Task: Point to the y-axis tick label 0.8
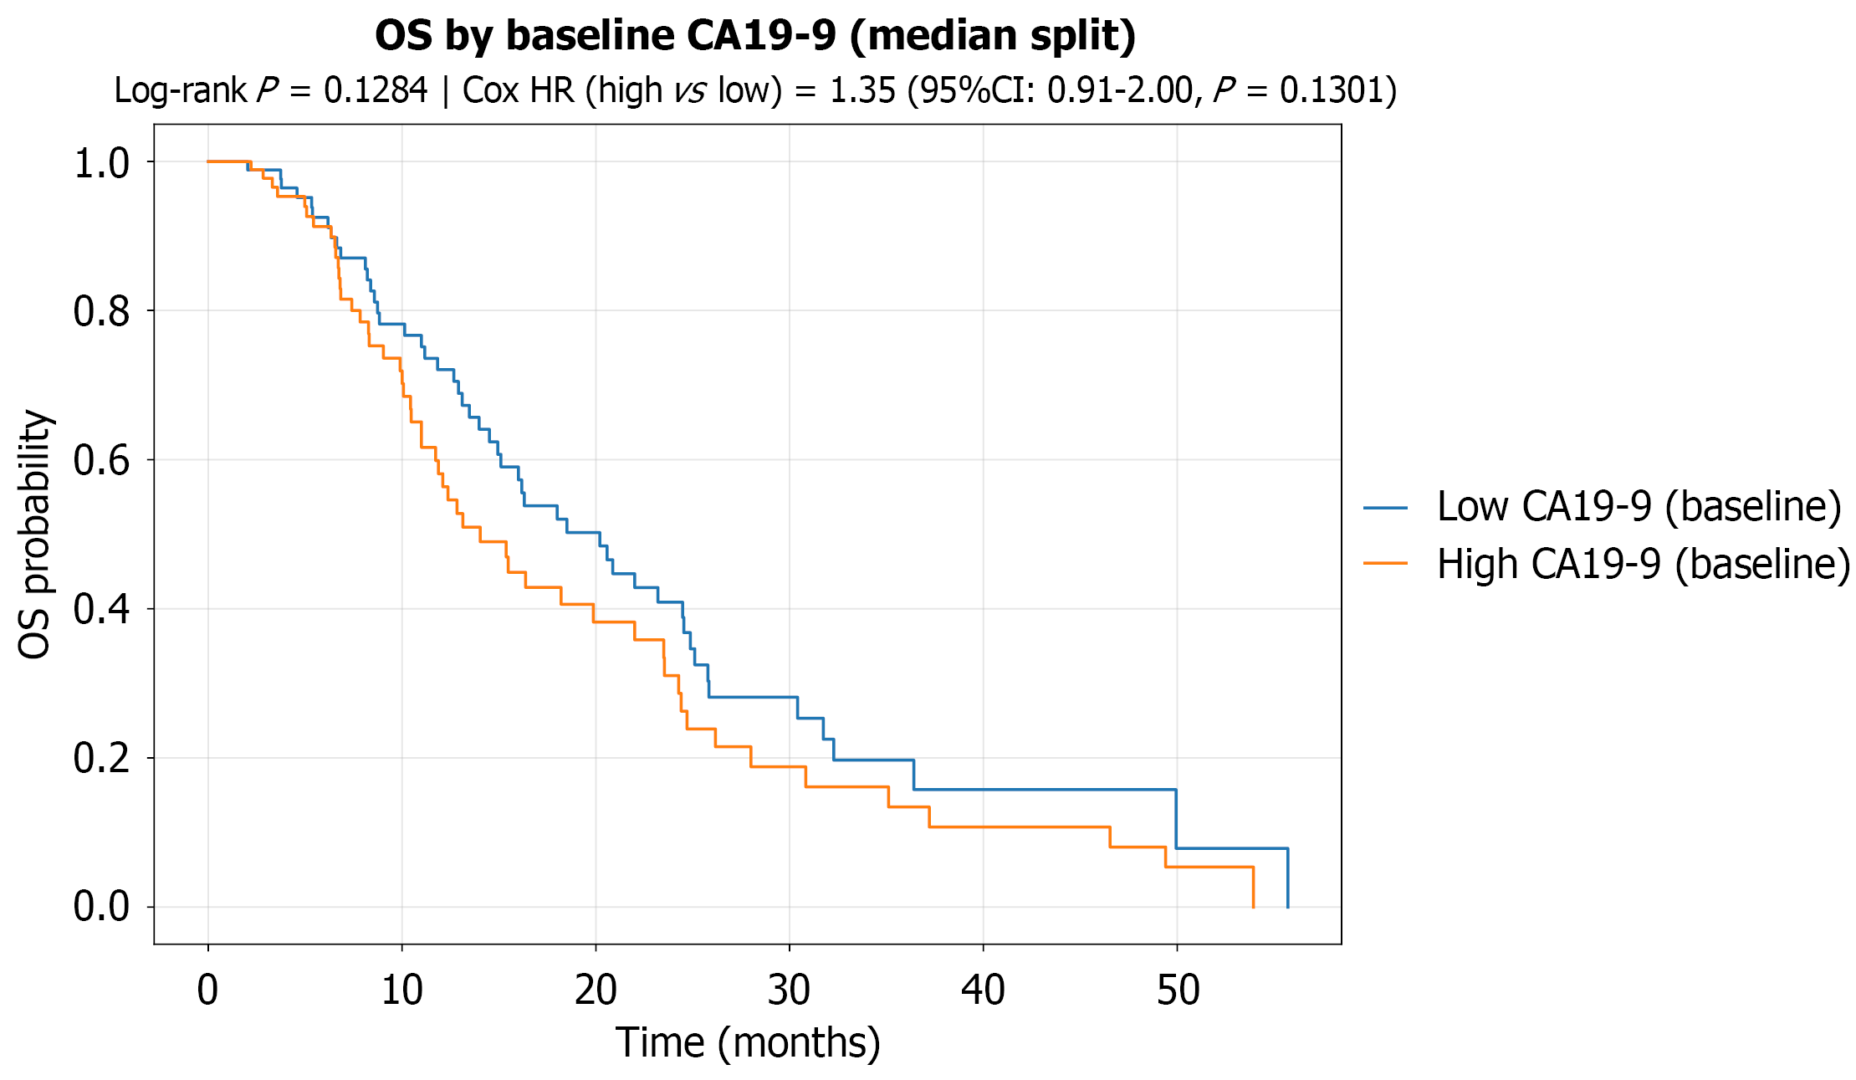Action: click(102, 311)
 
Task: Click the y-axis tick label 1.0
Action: click(102, 162)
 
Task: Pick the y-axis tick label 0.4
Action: click(102, 609)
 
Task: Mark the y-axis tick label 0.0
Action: click(102, 907)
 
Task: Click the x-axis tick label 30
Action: click(789, 990)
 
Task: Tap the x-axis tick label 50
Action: click(1178, 990)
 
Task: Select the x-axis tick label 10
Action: click(401, 990)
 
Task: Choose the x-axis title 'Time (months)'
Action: click(749, 1043)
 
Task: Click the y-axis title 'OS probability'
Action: click(35, 535)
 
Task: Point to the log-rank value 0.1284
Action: click(376, 90)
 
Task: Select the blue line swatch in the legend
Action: click(1385, 508)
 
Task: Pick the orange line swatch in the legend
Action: click(1385, 564)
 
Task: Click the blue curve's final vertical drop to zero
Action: click(1287, 878)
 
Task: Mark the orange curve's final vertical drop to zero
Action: click(1253, 887)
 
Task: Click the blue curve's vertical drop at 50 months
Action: click(1176, 819)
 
